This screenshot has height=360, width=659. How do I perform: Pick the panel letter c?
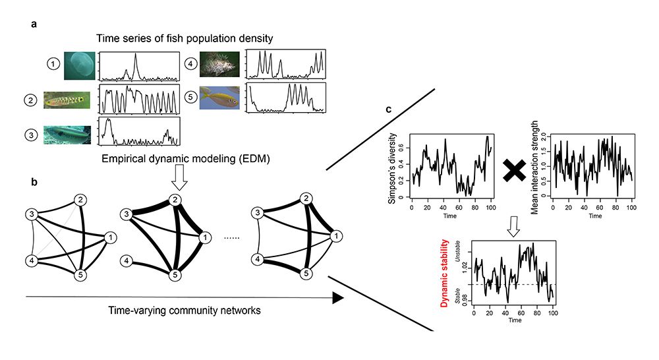click(x=389, y=110)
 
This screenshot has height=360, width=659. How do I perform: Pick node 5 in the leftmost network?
click(x=80, y=274)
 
